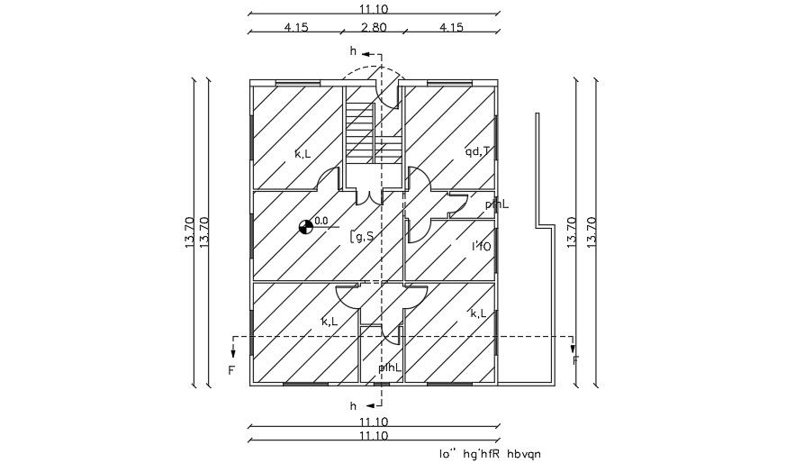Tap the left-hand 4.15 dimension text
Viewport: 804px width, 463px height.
tap(296, 28)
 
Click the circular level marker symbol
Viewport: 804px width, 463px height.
tap(306, 227)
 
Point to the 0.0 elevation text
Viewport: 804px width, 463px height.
tap(321, 220)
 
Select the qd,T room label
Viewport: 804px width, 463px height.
tap(477, 151)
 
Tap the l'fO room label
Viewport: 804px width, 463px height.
tap(481, 245)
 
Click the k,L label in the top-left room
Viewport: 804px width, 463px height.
tap(303, 154)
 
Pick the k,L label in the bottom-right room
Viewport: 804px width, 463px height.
tap(479, 313)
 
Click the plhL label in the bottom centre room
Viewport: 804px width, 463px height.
tap(389, 368)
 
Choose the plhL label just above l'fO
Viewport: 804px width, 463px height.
tap(496, 204)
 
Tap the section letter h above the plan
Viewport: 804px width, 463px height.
tap(354, 51)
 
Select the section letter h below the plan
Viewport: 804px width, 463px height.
tap(354, 406)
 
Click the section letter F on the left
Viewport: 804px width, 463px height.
tap(230, 370)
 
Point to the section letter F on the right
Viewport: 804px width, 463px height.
tap(575, 361)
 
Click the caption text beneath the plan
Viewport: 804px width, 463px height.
tap(491, 455)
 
